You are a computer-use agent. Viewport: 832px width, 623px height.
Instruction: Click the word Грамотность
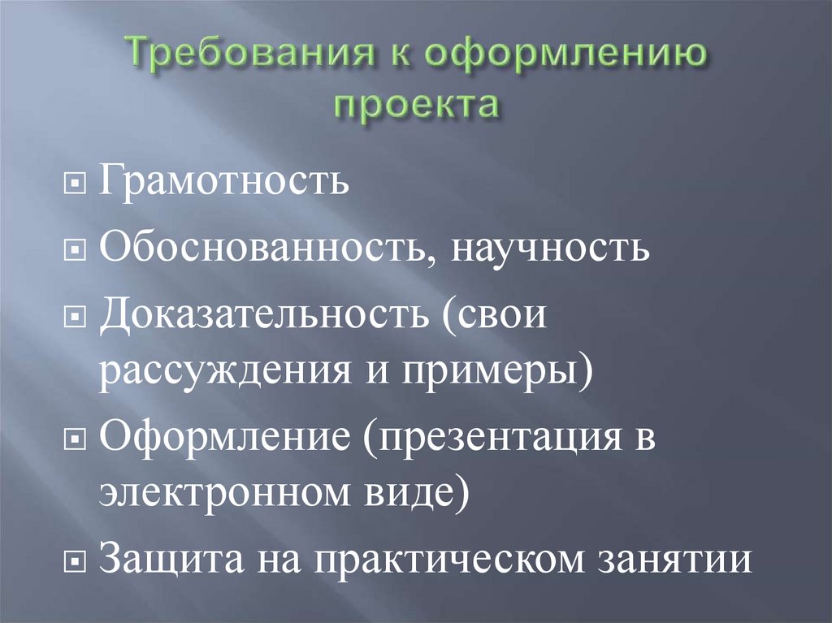click(224, 180)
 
